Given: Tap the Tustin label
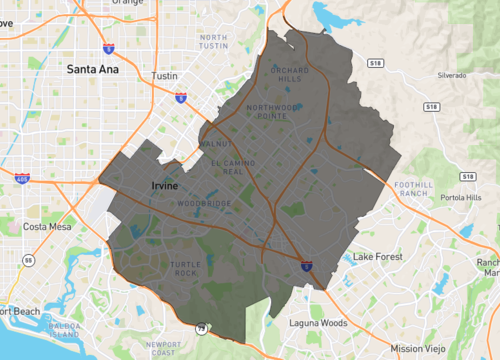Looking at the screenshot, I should pyautogui.click(x=164, y=76).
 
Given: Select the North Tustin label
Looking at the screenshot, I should pyautogui.click(x=214, y=43).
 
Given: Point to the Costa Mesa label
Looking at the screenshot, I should pyautogui.click(x=46, y=227).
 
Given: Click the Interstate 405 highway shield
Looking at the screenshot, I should pyautogui.click(x=22, y=179).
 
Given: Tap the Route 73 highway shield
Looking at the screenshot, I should pyautogui.click(x=202, y=328).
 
